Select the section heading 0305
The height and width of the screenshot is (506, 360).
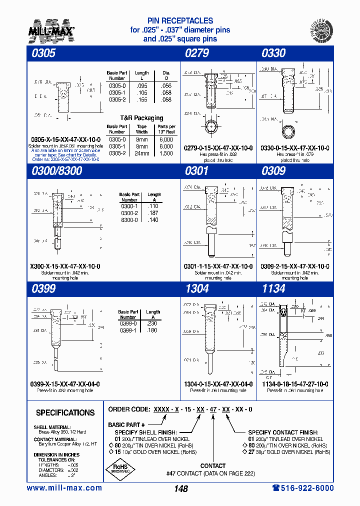41,53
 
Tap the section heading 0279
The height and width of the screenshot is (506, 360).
197,53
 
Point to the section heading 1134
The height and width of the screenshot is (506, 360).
273,288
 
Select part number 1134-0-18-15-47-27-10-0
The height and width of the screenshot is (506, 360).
294,384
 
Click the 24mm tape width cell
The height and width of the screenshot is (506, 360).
142,153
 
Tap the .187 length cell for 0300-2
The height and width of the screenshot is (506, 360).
154,213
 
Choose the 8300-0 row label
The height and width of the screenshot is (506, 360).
129,220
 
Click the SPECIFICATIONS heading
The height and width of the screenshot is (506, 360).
65,413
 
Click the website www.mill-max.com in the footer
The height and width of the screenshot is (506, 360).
64,488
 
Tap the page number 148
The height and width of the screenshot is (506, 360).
181,489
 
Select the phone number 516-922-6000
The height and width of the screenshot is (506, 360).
302,488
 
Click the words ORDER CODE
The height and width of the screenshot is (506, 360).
129,409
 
